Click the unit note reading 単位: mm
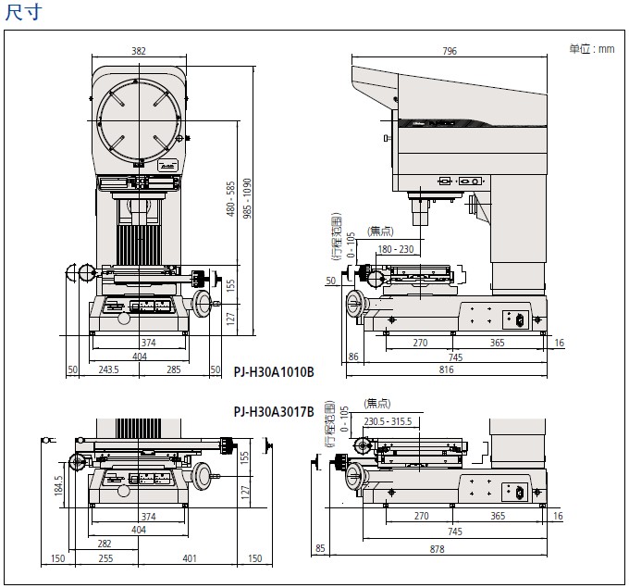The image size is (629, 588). [591, 49]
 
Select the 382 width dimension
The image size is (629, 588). [139, 52]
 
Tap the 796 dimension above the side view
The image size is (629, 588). [450, 52]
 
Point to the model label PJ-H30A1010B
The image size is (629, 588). [274, 372]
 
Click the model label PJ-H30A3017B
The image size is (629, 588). [274, 411]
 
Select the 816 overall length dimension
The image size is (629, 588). [447, 369]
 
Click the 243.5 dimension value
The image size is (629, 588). [108, 369]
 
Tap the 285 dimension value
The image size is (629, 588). [174, 369]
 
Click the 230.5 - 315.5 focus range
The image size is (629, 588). [388, 421]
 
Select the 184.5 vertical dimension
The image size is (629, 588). [58, 484]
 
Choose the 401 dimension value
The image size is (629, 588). [191, 559]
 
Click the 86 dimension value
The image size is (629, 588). [353, 356]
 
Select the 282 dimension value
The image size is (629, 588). [104, 544]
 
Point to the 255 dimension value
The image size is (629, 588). [105, 559]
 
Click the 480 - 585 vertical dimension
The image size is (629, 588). [231, 198]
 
